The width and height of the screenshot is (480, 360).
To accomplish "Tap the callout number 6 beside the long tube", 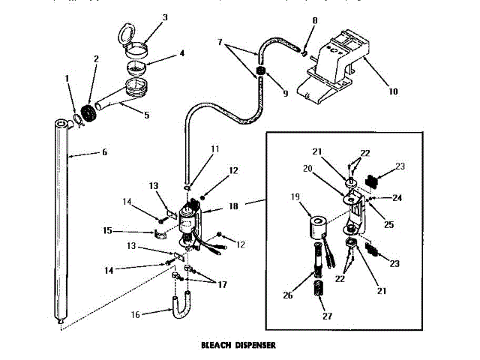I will click(x=104, y=152).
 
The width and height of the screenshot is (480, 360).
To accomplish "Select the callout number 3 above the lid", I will click(x=165, y=17).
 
